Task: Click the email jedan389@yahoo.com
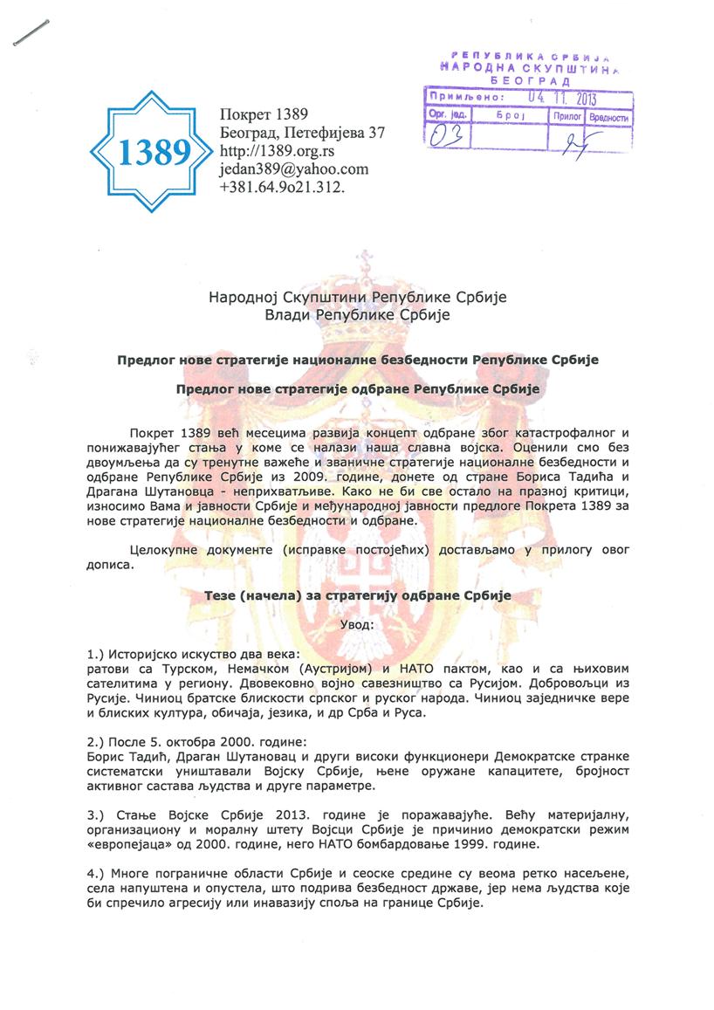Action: (293, 169)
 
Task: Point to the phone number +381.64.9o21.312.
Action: (283, 187)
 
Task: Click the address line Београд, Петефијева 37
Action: (302, 133)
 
